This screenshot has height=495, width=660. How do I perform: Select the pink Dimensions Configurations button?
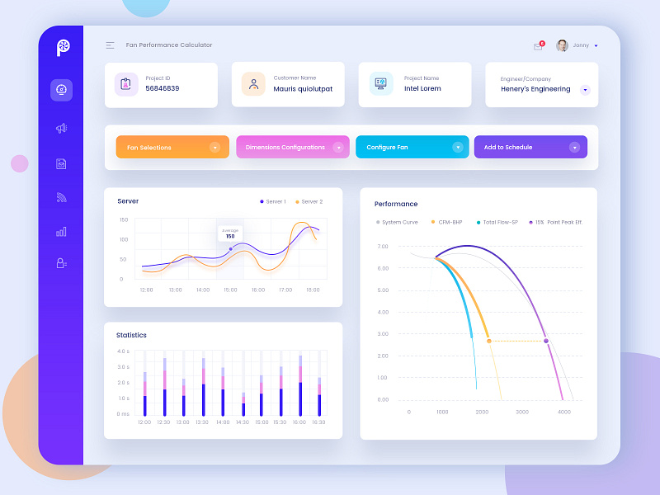tap(292, 148)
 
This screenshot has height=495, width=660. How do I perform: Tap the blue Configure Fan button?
tap(412, 148)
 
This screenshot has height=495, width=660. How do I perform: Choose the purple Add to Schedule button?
tap(530, 148)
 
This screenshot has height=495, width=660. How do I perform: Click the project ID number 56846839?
tap(163, 88)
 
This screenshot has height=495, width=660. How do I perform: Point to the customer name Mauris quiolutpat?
tap(303, 89)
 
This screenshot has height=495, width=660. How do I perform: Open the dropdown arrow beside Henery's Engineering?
tap(585, 89)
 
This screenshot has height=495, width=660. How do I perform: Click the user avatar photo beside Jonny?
tap(562, 45)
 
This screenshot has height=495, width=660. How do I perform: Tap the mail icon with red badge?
tap(539, 46)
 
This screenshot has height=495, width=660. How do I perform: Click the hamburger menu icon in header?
tap(111, 45)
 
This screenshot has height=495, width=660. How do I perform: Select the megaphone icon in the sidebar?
tap(61, 128)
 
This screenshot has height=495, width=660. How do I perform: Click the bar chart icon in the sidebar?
tap(61, 232)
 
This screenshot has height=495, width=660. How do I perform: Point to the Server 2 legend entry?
tap(308, 201)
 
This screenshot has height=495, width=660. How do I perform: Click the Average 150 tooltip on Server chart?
tap(229, 233)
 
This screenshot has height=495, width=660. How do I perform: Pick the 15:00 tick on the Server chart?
tap(230, 290)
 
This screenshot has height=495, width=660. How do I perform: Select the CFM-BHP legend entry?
tap(448, 222)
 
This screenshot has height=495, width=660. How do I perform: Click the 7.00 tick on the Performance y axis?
tap(383, 247)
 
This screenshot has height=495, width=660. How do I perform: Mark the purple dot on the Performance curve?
tap(546, 341)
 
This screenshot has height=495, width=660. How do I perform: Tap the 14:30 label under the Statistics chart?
tap(243, 422)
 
